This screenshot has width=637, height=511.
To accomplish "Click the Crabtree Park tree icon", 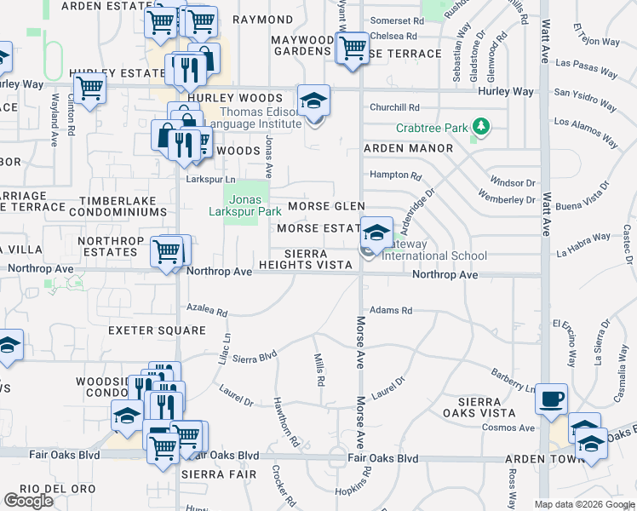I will pos(481,128).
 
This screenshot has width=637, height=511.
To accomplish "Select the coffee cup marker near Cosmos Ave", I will pos(552,398).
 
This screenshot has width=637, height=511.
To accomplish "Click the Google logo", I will pos(29,501).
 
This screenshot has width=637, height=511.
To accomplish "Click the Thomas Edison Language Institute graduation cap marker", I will pos(313,101).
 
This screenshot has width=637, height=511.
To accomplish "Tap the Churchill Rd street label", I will pos(394,107).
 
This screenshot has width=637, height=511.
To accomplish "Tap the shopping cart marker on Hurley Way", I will pos(89,87).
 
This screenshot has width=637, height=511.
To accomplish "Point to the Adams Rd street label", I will pos(391,311).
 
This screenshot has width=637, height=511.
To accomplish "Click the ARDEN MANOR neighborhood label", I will pos(409,148).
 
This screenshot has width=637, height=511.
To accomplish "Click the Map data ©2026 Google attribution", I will pos(583,504).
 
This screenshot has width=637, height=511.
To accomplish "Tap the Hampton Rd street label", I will pos(395,176).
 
